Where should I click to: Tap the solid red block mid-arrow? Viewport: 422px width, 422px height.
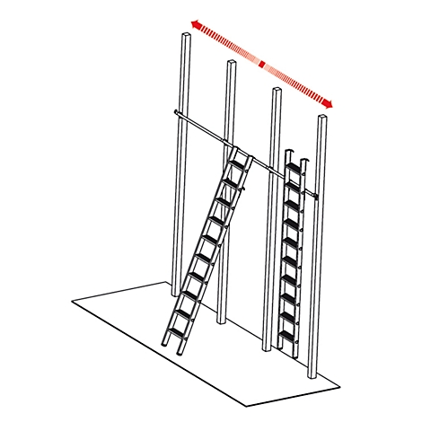pyautogui.click(x=261, y=65)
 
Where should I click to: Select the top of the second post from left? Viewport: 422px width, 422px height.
pyautogui.click(x=231, y=64)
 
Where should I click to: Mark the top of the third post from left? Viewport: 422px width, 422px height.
pyautogui.click(x=276, y=91)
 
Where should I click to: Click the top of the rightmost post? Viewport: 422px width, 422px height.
pyautogui.click(x=321, y=118)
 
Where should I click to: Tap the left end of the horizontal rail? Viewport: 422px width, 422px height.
pyautogui.click(x=171, y=112)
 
